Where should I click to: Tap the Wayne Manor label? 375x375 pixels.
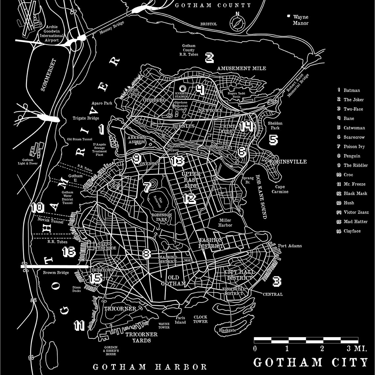click(x=301, y=20)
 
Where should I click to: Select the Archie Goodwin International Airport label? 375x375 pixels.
click(x=52, y=33)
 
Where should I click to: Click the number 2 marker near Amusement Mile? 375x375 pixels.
click(x=209, y=58)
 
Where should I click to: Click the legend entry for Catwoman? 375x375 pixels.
click(x=354, y=128)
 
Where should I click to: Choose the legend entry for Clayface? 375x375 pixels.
click(x=352, y=231)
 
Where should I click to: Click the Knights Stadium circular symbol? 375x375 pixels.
click(x=183, y=88)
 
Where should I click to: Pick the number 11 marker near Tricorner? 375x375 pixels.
click(x=79, y=326)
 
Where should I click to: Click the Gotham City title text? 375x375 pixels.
click(x=310, y=362)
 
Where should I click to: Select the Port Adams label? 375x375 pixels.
click(x=289, y=246)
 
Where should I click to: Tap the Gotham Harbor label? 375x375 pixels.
click(x=150, y=366)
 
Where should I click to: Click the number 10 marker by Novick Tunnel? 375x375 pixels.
click(x=37, y=208)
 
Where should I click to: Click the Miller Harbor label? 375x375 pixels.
click(x=225, y=223)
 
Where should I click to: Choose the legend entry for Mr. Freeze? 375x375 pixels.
click(x=354, y=184)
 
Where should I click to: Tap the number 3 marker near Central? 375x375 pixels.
click(x=277, y=281)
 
